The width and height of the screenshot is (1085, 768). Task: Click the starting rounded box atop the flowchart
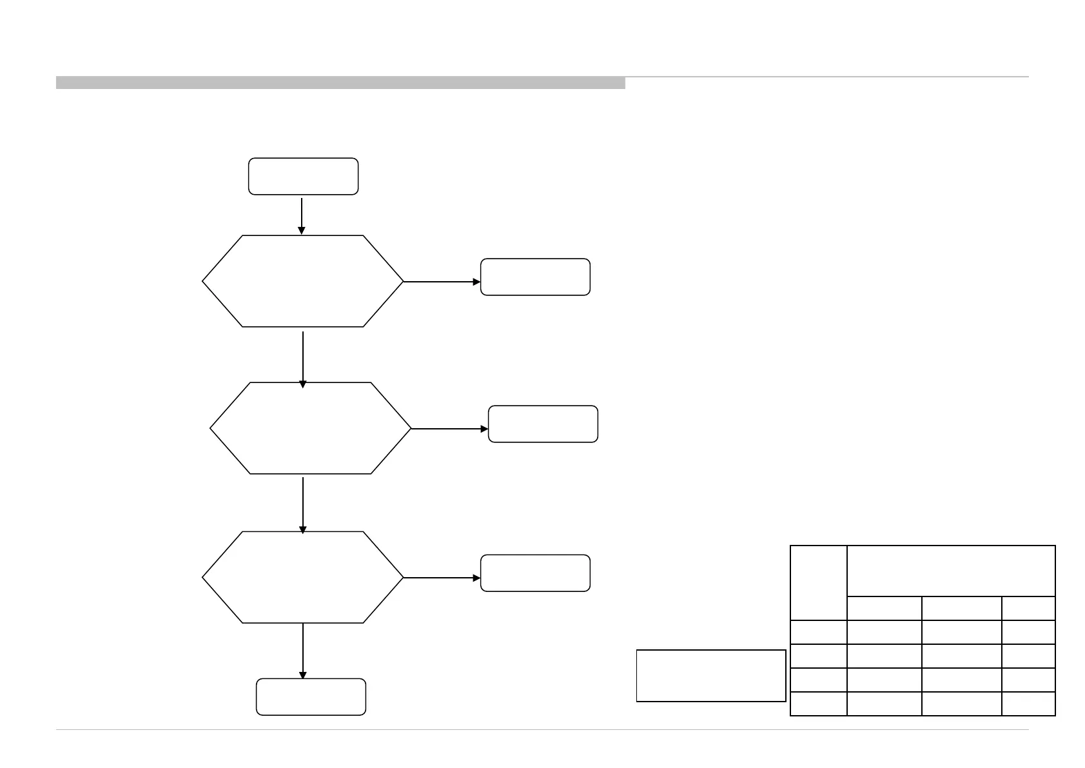303,176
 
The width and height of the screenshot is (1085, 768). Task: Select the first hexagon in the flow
302,281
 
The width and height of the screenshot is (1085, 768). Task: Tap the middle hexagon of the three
310,428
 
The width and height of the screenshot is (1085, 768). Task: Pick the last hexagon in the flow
302,577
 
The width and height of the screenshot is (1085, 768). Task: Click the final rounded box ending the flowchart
311,696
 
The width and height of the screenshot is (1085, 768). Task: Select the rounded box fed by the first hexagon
535,277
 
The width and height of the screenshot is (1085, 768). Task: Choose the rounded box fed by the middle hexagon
543,424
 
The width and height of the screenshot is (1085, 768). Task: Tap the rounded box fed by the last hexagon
535,573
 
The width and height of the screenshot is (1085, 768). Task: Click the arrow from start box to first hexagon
302,215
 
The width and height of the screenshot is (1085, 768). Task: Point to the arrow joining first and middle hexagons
303,359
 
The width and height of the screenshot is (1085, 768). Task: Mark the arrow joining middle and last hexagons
303,505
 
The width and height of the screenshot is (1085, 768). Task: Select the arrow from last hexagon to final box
303,651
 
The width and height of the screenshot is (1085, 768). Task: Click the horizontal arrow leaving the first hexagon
442,282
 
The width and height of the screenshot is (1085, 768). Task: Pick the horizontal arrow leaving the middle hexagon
450,429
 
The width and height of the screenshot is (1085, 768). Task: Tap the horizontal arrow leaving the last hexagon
442,578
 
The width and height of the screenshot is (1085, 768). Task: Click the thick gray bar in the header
340,83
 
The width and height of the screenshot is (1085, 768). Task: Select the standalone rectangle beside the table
711,675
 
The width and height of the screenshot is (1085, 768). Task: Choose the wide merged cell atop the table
951,571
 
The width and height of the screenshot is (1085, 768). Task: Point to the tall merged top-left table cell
818,583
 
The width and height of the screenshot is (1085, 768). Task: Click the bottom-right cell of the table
1028,704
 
